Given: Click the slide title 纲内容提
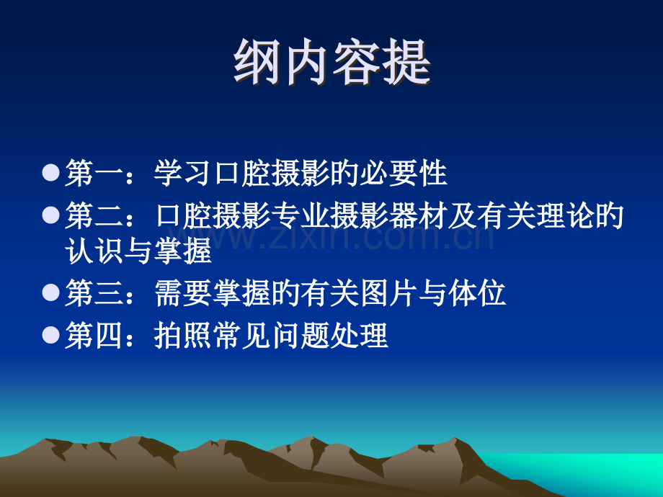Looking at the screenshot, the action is pos(332,63).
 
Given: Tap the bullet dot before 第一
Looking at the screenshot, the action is pos(51,172).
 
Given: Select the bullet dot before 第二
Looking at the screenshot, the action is pos(51,215).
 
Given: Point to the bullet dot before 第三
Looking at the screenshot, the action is pos(51,292).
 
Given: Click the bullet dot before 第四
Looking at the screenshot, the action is pos(51,335).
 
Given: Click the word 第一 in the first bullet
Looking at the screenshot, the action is pos(94,173).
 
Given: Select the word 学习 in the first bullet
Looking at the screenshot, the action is pos(182,173).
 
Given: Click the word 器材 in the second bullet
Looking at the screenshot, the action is pos(418,215).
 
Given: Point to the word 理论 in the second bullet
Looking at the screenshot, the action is pos(565,215).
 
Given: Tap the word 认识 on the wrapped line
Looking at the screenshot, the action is pos(94,251).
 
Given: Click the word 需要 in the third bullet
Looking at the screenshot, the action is pos(182,293).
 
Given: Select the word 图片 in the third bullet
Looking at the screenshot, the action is pos(388,293).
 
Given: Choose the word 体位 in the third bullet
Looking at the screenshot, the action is pos(477,293).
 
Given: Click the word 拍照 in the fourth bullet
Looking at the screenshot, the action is pos(182,335).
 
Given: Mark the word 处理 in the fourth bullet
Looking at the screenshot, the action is pos(359,335).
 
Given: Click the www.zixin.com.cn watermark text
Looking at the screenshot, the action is pos(331,237).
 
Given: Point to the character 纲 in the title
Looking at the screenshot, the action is pos(257,63).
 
